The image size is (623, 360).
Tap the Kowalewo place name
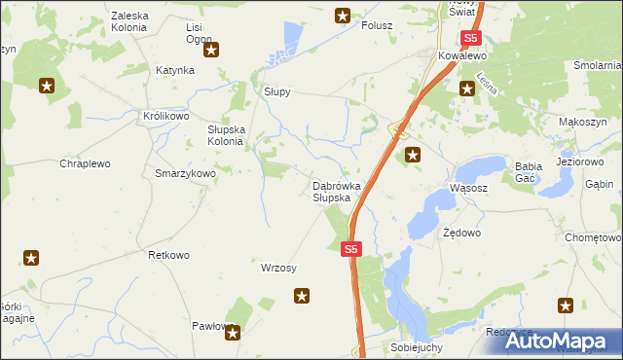click(x=461, y=57)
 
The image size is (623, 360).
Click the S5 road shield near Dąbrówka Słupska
click(x=352, y=250)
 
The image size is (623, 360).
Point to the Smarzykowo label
click(x=185, y=172)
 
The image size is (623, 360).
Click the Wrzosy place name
click(x=279, y=268)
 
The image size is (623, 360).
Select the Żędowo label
click(x=461, y=234)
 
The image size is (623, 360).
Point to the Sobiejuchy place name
click(x=416, y=347)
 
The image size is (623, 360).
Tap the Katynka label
click(x=175, y=71)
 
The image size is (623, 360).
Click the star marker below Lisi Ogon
click(x=210, y=48)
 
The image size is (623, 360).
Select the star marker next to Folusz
click(x=343, y=15)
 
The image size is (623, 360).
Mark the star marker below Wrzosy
click(x=303, y=295)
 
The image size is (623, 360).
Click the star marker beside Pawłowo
click(x=234, y=334)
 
